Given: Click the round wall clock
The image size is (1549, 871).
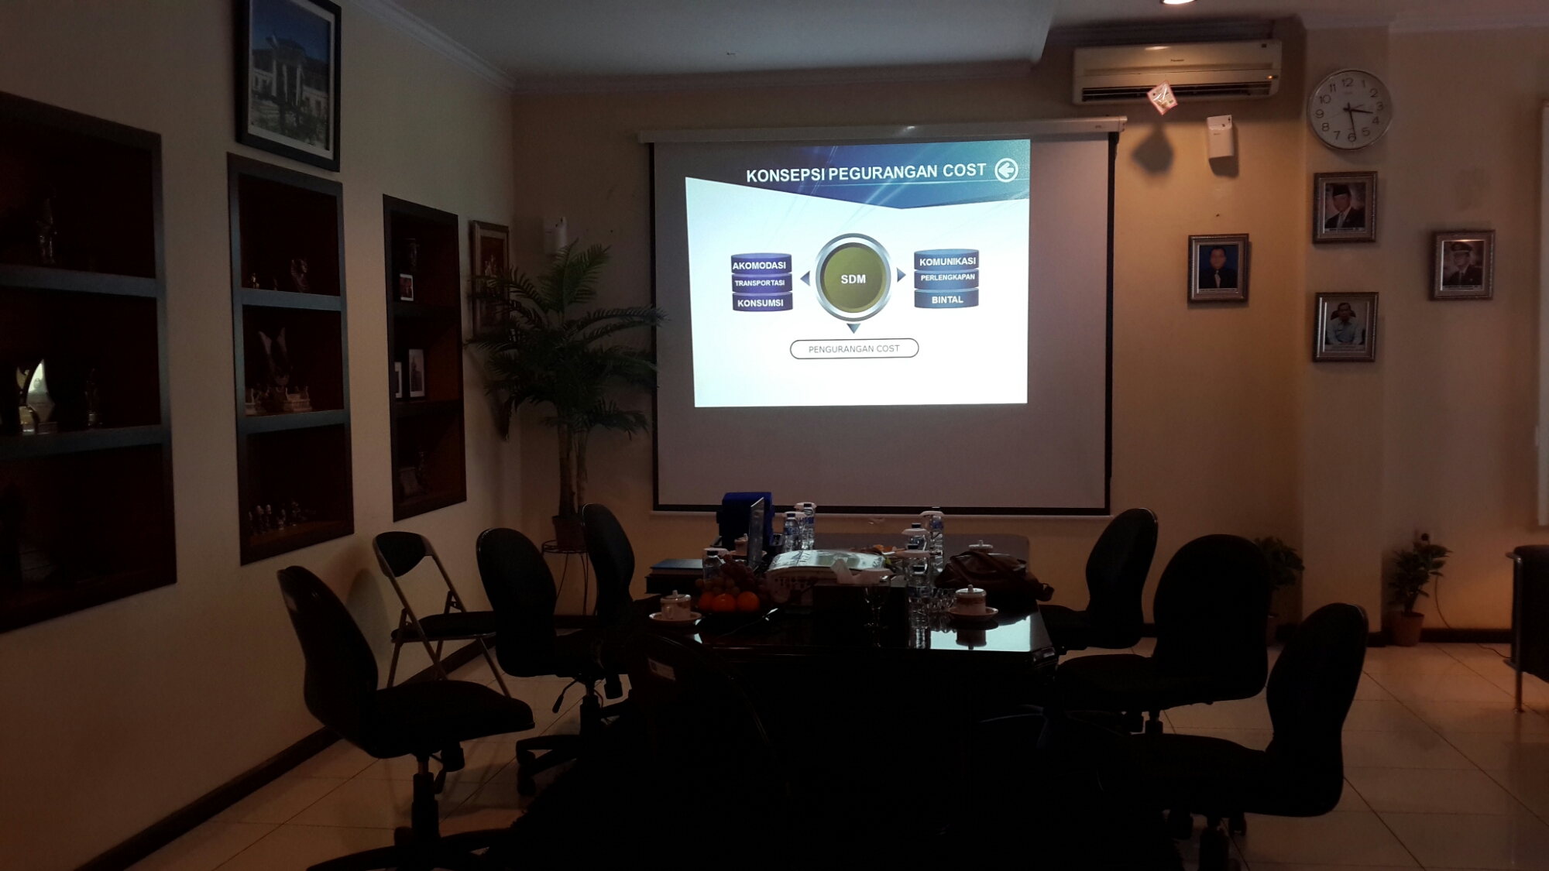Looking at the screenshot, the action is click(1349, 109).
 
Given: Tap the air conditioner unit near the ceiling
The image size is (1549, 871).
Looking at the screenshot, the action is click(1176, 71).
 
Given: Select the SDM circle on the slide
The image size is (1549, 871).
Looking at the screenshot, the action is click(853, 278).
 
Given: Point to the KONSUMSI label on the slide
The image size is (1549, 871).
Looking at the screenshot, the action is click(761, 303).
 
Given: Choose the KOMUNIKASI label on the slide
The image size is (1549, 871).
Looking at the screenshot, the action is click(947, 262).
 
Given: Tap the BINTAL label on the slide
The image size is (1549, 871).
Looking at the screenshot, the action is click(947, 300).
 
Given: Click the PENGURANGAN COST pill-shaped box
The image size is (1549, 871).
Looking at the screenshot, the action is click(854, 348).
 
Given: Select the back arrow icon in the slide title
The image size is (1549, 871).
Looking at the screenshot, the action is click(1006, 170).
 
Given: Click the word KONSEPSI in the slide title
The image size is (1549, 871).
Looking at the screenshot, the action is click(785, 175).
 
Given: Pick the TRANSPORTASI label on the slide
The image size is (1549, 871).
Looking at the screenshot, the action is click(760, 283).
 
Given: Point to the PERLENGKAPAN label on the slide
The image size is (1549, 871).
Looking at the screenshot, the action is click(947, 277).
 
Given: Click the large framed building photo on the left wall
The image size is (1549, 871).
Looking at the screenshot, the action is click(288, 81).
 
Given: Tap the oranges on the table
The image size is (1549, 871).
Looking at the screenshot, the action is click(726, 601).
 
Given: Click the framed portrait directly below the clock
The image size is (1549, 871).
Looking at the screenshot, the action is click(1345, 207).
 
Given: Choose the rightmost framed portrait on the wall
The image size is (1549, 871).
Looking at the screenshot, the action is click(1462, 265).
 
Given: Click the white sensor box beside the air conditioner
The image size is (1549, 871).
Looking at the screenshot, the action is click(1220, 136).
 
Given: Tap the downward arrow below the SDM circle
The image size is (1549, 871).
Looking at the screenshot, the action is click(853, 328).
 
